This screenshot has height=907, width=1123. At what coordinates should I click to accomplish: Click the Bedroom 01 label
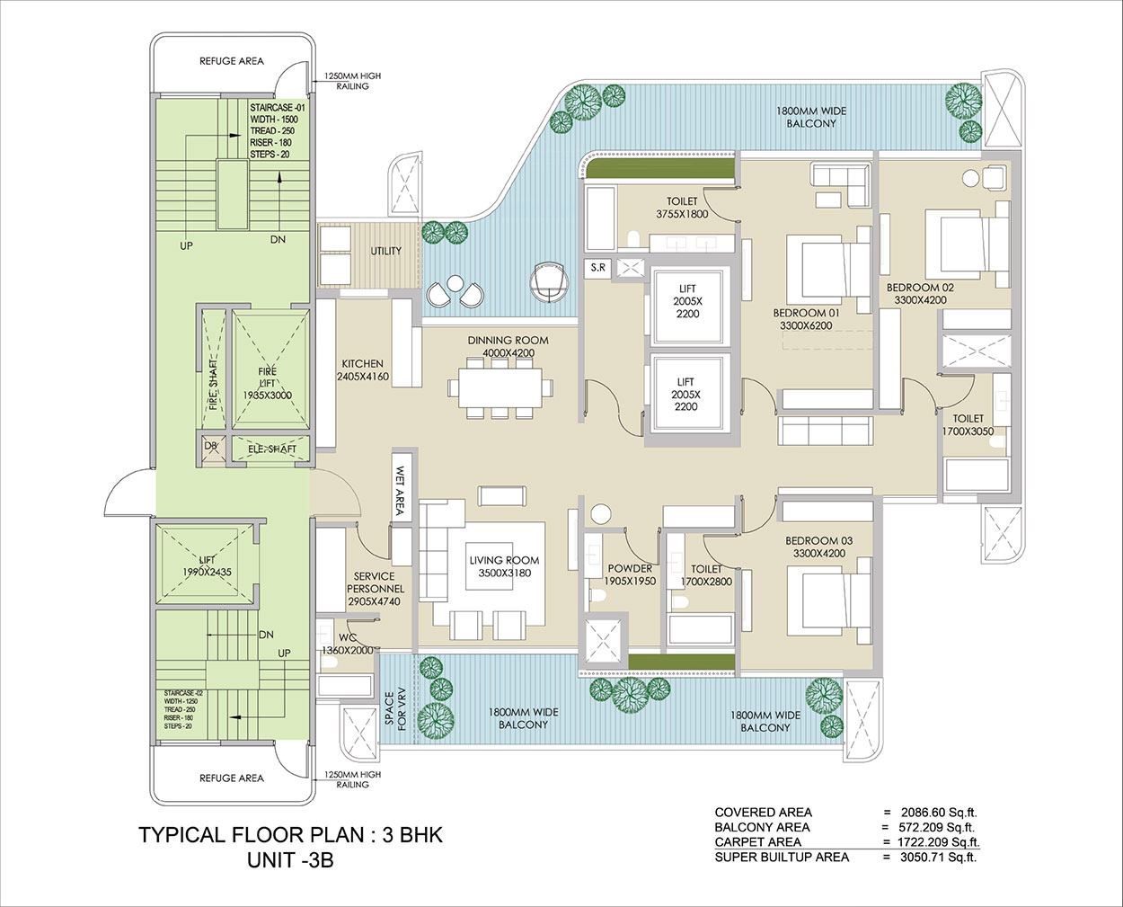[x=806, y=313]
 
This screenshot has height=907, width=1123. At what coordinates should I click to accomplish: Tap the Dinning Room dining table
[x=500, y=387]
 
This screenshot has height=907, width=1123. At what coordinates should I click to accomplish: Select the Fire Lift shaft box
[x=271, y=369]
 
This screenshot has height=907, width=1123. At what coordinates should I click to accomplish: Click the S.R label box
[x=597, y=268]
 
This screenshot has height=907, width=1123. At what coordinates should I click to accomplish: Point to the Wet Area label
[x=400, y=490]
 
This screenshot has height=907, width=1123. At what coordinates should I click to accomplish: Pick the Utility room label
[x=386, y=251]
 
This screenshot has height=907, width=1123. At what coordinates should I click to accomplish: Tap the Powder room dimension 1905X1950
[x=630, y=581]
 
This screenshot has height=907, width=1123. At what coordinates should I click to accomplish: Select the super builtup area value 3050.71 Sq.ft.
[x=939, y=857]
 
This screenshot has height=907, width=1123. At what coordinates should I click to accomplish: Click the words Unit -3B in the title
[x=290, y=860]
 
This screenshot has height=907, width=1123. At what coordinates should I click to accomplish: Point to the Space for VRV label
[x=396, y=711]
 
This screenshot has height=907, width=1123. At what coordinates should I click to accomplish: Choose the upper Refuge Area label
[x=232, y=61]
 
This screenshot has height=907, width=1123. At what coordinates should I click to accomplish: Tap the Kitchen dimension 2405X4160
[x=363, y=377]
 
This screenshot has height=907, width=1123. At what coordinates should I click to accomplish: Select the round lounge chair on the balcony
[x=550, y=282]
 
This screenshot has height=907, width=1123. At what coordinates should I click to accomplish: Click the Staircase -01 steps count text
[x=270, y=155]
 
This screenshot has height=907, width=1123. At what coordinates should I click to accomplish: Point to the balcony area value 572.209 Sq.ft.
[x=936, y=827]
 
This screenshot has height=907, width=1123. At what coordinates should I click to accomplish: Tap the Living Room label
[x=505, y=560]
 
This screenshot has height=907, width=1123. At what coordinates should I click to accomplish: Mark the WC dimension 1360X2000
[x=347, y=650]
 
